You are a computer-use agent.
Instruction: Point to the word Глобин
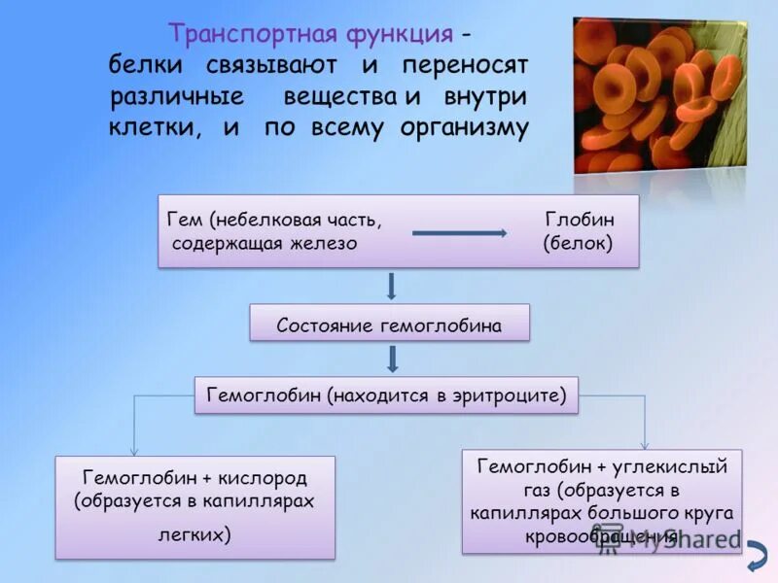(579, 220)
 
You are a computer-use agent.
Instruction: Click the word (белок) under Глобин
(578, 243)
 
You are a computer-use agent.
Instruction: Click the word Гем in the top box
(186, 220)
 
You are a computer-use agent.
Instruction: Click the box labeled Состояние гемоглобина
(389, 325)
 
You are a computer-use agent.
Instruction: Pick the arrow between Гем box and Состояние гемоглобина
(390, 287)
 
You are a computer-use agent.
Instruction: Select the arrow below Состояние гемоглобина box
(392, 360)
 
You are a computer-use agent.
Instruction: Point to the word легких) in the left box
(194, 534)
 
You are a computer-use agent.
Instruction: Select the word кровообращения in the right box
(601, 535)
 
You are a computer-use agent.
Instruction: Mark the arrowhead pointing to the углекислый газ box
(645, 444)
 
